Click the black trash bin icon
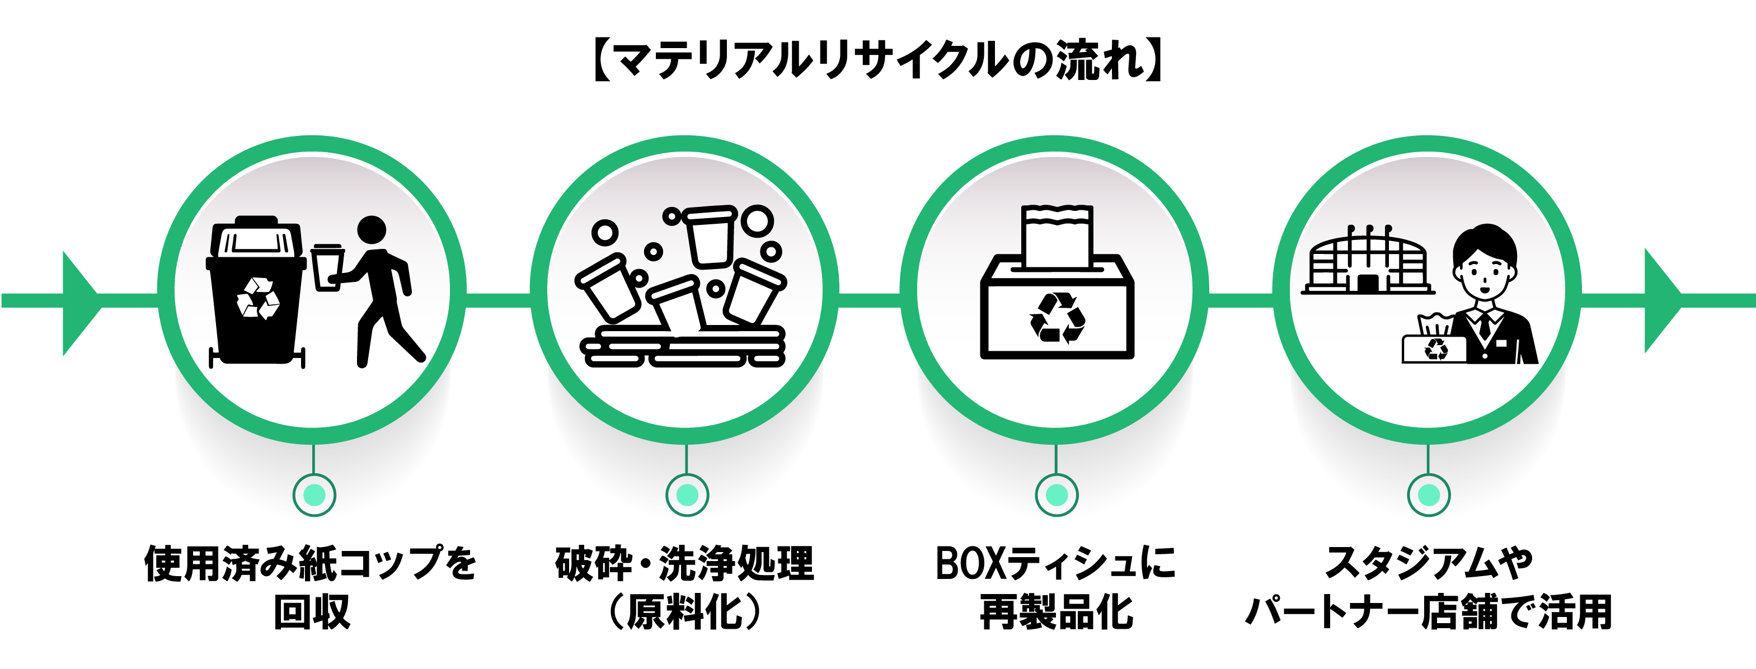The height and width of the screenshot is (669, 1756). [256, 293]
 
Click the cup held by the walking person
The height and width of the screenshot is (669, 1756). [327, 267]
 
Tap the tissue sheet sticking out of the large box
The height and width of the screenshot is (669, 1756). [1057, 235]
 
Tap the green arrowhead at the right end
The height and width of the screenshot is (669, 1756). [1661, 300]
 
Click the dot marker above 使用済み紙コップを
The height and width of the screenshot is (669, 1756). [314, 495]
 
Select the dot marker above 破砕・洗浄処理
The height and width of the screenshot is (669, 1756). [687, 495]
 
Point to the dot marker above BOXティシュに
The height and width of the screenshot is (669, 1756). [1057, 495]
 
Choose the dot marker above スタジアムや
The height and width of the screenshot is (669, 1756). [1429, 495]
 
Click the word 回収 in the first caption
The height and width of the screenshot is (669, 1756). [312, 612]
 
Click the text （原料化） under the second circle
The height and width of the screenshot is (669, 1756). [684, 612]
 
